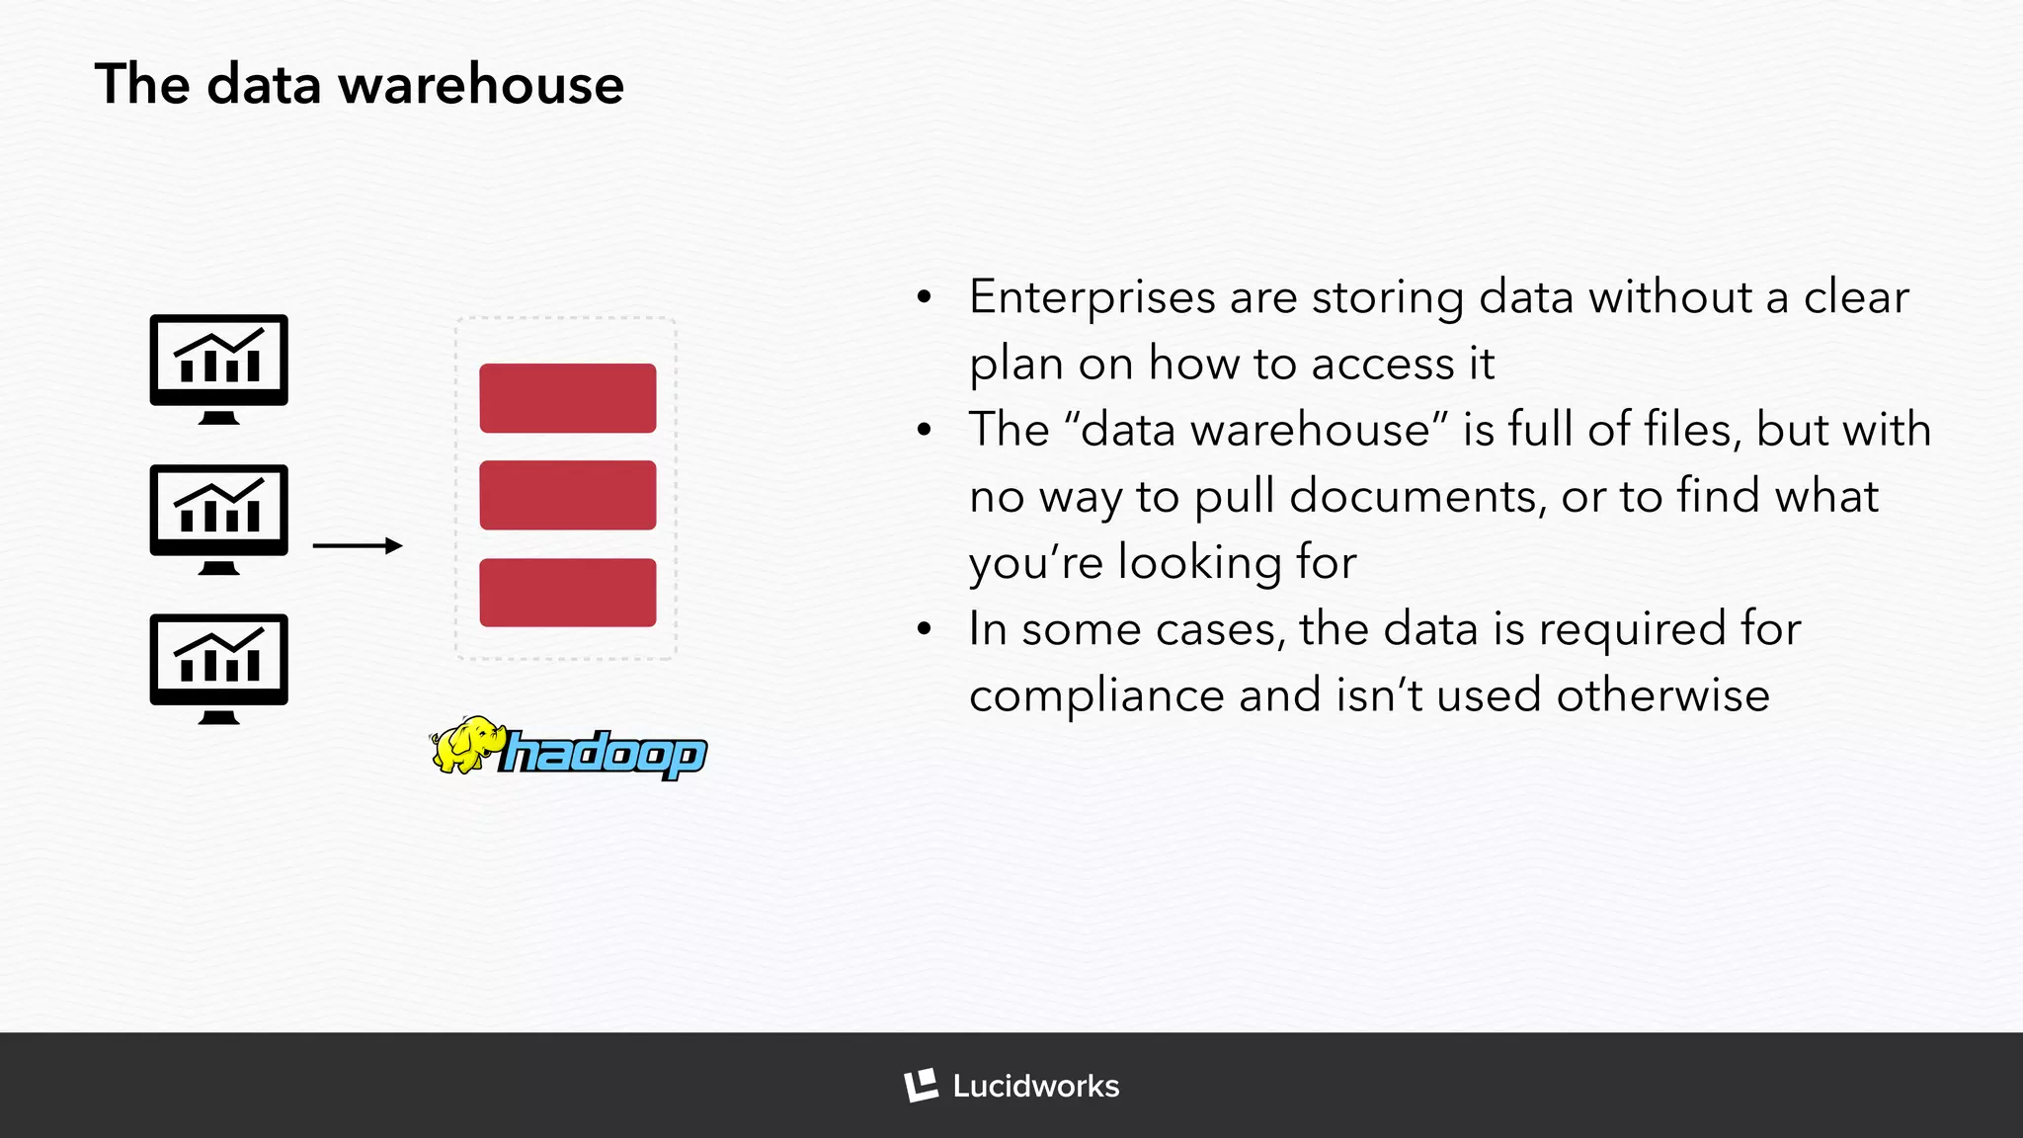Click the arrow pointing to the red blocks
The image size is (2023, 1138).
[357, 545]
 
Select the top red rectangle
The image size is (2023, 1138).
[567, 398]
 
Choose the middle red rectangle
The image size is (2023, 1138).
[567, 495]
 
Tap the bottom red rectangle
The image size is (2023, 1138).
[567, 593]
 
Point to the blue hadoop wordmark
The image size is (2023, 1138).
[603, 755]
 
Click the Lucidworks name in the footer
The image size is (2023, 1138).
[1035, 1087]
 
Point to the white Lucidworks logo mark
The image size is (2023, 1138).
[921, 1086]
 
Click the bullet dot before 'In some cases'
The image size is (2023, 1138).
[925, 629]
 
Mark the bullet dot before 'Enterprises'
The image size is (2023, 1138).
[925, 297]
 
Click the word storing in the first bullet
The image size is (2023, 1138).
[1388, 298]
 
